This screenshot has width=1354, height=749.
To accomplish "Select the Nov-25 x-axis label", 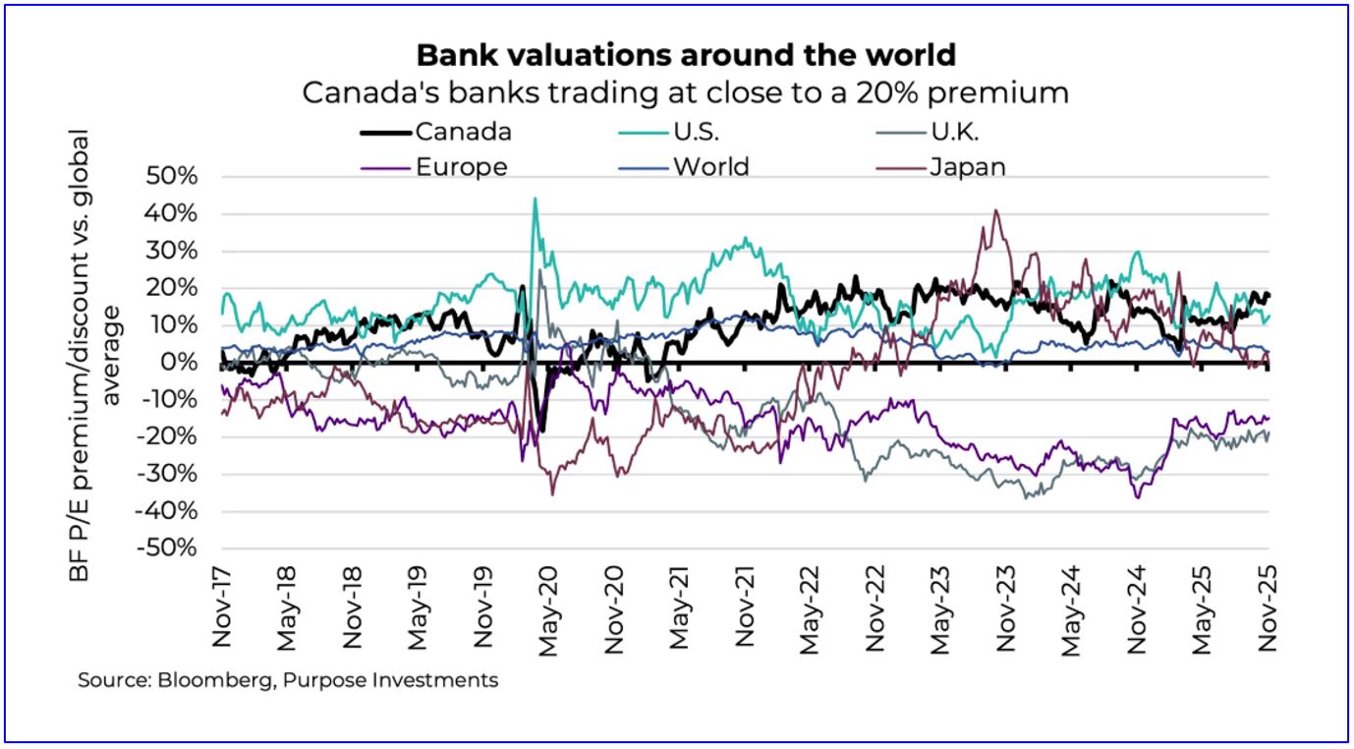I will coord(1269,610).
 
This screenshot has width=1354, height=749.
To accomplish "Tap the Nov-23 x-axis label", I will coord(1006,610).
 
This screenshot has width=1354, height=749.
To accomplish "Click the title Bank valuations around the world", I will coord(685,54).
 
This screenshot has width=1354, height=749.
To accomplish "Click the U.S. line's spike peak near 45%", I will coord(535,200).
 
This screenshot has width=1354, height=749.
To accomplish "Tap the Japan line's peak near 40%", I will coord(996,210).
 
